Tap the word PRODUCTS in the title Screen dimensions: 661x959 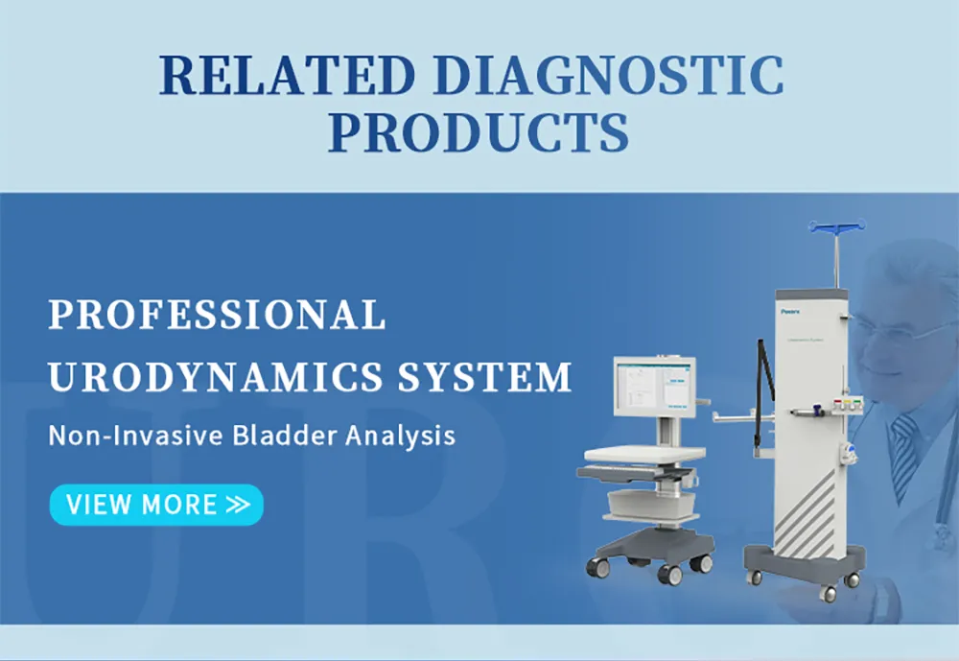click(x=479, y=134)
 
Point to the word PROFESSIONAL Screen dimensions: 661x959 click(x=218, y=315)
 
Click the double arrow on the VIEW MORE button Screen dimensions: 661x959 click(x=237, y=505)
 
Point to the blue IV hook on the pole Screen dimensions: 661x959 click(x=836, y=226)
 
